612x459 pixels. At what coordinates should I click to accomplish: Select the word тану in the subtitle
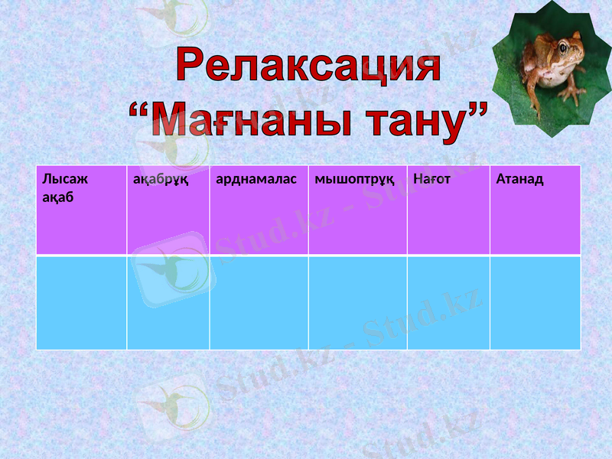click(x=413, y=122)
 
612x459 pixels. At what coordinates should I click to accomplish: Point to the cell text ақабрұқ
click(x=161, y=180)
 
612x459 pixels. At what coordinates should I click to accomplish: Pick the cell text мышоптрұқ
click(x=354, y=180)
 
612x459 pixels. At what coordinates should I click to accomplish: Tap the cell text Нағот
click(x=431, y=180)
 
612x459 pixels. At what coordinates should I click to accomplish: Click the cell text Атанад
click(x=519, y=180)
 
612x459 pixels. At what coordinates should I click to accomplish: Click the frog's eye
click(x=563, y=48)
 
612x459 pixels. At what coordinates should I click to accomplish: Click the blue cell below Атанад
click(x=535, y=303)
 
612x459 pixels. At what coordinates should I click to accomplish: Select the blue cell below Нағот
click(x=448, y=303)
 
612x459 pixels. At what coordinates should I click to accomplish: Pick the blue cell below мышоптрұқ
click(x=357, y=303)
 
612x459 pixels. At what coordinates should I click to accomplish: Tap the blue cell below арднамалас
click(x=259, y=303)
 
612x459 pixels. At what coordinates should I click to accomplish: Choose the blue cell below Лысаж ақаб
click(x=81, y=303)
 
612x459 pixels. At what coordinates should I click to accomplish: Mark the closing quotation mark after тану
click(x=477, y=114)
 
